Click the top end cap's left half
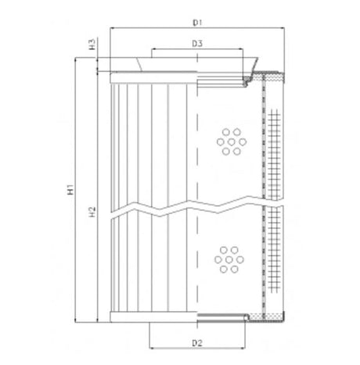153,76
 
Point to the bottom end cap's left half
153,316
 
